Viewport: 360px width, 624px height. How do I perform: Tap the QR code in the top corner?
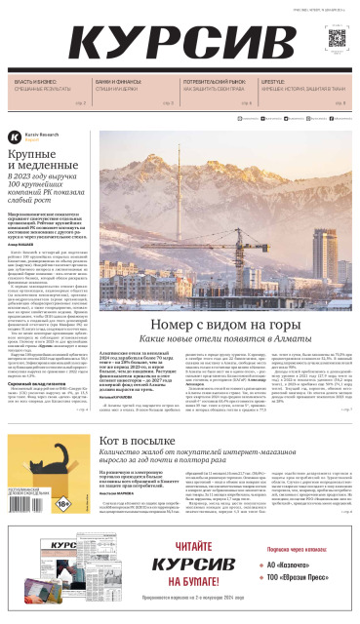pos(338,39)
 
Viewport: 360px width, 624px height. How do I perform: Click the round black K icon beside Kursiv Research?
pos(15,138)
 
